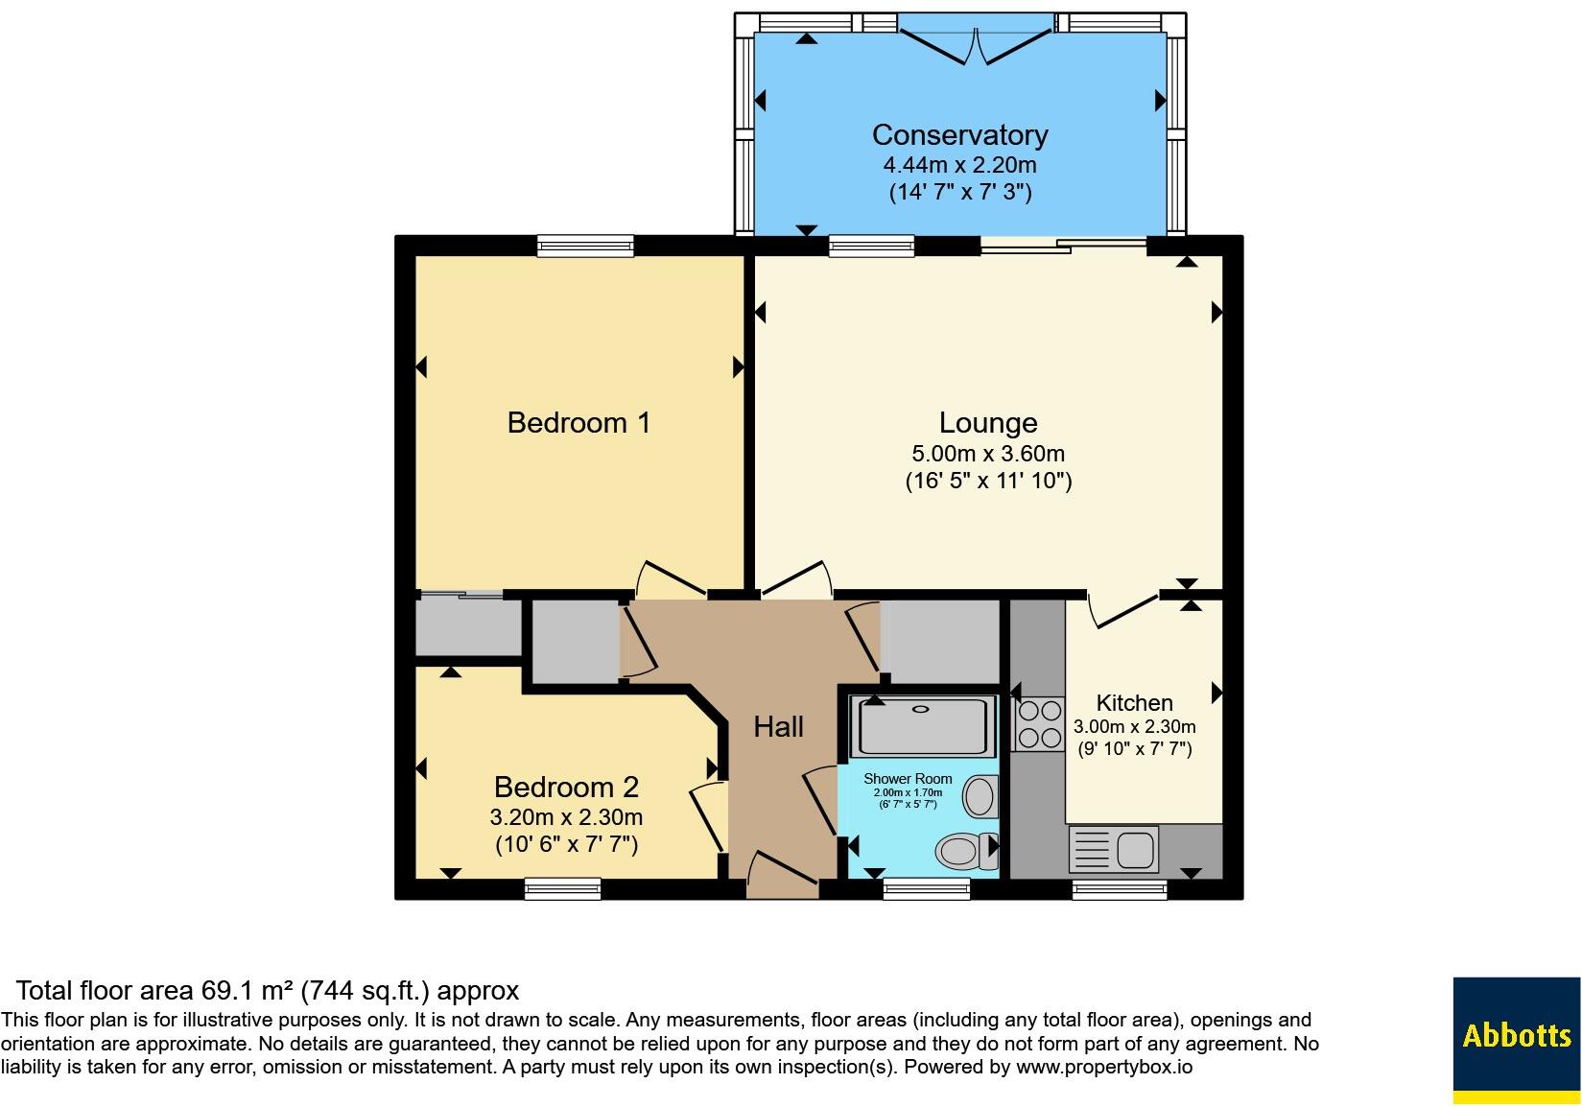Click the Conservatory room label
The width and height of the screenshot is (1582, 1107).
[x=959, y=135]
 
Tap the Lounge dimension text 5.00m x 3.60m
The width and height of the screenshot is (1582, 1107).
[x=988, y=453]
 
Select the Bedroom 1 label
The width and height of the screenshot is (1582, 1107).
[x=578, y=423]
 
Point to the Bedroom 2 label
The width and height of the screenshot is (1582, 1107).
[x=566, y=788]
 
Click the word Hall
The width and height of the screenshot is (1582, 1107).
[x=778, y=727]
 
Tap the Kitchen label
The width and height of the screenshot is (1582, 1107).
[x=1134, y=703]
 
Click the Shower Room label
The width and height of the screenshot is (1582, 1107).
[x=908, y=779]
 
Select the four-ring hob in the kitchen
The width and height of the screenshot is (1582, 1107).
[x=1040, y=723]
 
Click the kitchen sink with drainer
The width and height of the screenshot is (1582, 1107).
[x=1114, y=849]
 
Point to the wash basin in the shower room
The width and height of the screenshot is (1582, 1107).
[x=981, y=796]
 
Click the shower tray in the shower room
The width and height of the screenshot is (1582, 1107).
[x=923, y=726]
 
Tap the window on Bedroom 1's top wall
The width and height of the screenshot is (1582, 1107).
[x=585, y=246]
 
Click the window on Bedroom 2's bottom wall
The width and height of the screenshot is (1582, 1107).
[x=563, y=889]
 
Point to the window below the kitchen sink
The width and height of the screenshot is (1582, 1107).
[x=1120, y=889]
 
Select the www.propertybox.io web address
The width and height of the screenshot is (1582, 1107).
[x=1104, y=1066]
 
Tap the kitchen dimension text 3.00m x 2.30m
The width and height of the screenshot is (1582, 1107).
[x=1135, y=726]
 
